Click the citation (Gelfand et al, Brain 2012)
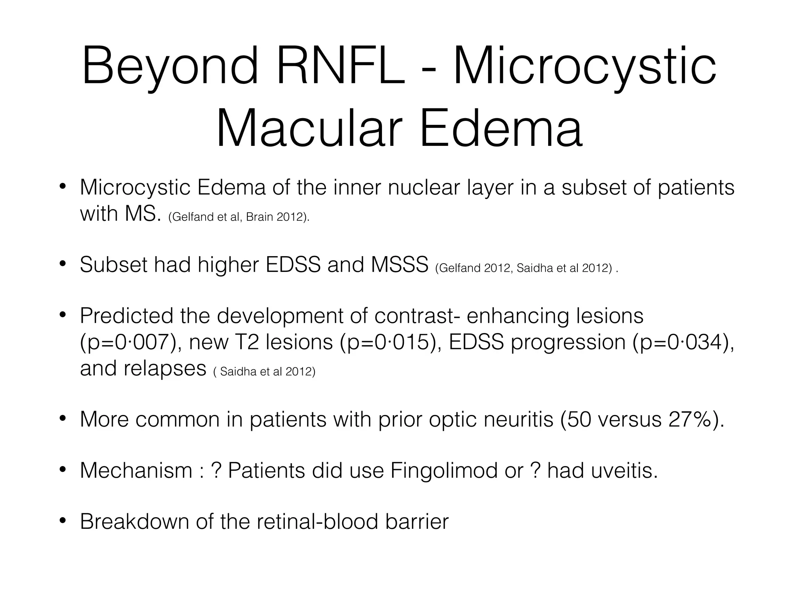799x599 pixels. coord(239,217)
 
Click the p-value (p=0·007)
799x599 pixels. coord(131,342)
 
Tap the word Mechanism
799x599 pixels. coord(136,470)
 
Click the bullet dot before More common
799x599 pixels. coord(62,419)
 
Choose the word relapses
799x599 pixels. coord(165,368)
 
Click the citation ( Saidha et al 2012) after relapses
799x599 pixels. coord(264,371)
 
